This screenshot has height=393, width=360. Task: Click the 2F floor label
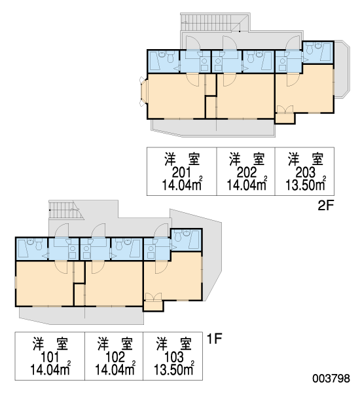(326, 206)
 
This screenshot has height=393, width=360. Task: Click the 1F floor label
(215, 339)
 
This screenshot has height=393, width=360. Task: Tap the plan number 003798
(331, 379)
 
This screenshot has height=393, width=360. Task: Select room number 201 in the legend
(181, 172)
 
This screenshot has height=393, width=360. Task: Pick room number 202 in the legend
(247, 172)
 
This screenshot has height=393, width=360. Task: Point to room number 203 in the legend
(306, 172)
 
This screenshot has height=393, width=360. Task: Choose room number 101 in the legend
(50, 357)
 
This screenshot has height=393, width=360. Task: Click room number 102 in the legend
(115, 357)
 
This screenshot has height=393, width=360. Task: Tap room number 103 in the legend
(173, 357)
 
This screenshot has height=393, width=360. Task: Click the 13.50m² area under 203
(306, 185)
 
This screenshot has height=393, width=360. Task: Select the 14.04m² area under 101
(50, 369)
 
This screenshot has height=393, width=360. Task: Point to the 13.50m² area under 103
(174, 369)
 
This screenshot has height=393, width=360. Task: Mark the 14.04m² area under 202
(247, 185)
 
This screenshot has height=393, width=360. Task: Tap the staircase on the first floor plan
(65, 210)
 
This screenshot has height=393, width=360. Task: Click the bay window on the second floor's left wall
(143, 92)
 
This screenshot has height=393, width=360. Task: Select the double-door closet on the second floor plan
(285, 115)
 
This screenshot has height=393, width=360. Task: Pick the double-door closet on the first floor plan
(153, 302)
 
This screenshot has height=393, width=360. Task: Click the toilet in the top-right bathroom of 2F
(310, 49)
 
